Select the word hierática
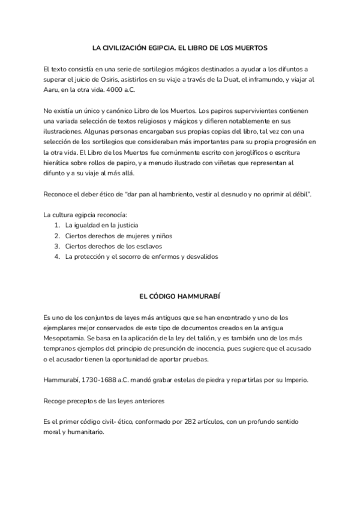pos(59,163)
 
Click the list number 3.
pos(56,246)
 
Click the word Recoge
pos(56,402)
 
